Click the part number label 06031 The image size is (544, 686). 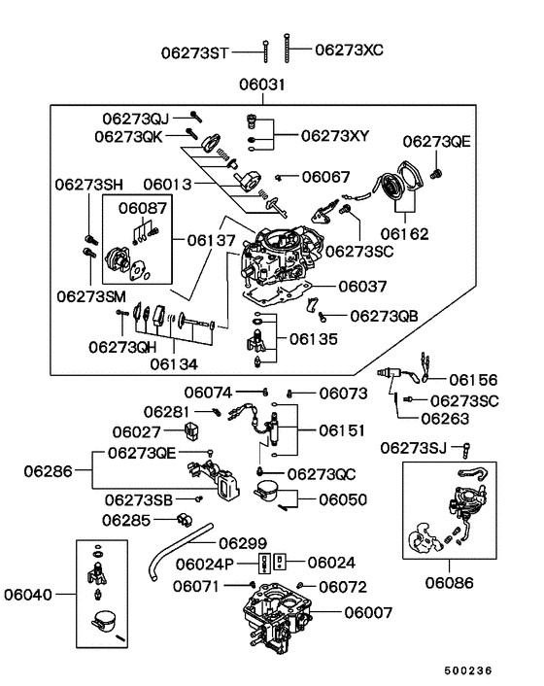(x=263, y=86)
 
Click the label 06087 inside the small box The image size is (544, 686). (x=143, y=207)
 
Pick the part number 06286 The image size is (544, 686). (x=50, y=474)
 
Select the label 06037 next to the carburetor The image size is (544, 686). (x=362, y=287)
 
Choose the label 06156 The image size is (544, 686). (x=472, y=381)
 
